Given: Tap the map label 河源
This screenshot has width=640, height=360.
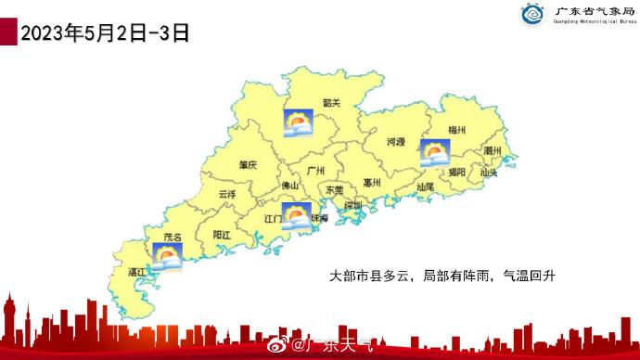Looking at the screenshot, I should [396, 142].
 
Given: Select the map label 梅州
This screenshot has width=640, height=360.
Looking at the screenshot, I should [456, 130].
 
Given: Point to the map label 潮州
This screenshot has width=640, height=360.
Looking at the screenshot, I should [493, 150].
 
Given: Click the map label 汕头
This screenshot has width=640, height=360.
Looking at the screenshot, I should [489, 172].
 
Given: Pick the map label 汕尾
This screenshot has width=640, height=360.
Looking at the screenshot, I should [425, 187].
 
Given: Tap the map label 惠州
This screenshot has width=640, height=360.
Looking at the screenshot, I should [372, 183].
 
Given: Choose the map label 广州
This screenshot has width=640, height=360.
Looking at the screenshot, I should [314, 171].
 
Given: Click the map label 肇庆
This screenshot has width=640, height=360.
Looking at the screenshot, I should [247, 164].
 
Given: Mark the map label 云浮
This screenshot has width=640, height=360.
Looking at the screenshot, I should [227, 195].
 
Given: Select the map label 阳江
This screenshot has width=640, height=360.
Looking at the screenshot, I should [222, 236].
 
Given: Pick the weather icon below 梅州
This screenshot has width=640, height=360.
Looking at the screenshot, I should [434, 153].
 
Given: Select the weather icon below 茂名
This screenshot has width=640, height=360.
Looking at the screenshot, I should [167, 256].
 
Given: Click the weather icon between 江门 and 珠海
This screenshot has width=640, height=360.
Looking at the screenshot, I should [296, 216].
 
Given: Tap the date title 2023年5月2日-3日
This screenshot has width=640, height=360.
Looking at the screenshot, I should [104, 33].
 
